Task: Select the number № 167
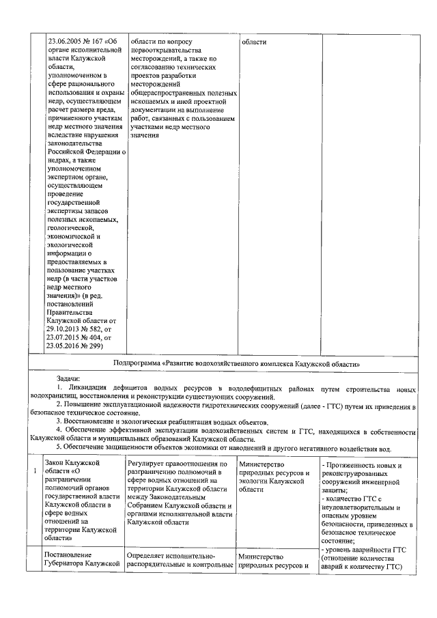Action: [x=97, y=42]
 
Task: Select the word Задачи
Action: [x=68, y=378]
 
